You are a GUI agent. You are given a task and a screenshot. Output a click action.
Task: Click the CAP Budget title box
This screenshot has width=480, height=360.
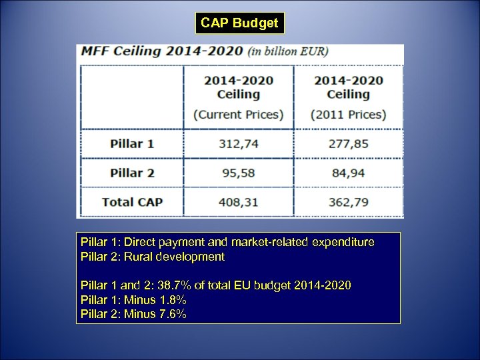coord(239,23)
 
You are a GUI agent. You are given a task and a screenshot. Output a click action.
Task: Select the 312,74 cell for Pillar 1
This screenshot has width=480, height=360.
coord(238,143)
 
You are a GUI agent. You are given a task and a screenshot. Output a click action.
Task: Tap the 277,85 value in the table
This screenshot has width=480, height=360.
coord(348,143)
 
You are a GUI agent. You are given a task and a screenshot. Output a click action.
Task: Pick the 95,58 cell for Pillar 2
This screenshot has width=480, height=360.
coord(238,173)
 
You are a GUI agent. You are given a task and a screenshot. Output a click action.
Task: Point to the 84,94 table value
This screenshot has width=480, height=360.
coord(348,173)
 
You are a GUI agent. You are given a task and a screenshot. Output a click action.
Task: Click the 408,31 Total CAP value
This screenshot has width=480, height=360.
coord(238,201)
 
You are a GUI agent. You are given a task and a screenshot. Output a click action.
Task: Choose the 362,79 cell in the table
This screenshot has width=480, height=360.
coord(348,201)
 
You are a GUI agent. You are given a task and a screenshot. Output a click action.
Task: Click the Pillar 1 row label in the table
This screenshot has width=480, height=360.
coord(132,143)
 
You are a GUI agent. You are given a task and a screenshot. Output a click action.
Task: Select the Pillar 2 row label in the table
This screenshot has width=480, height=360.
coord(132,173)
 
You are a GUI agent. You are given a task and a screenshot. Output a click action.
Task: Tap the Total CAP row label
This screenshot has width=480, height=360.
coord(132,201)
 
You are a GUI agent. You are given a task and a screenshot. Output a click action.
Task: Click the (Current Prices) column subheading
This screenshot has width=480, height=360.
coord(238,115)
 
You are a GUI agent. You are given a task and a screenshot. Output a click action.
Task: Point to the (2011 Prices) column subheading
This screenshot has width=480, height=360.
coord(348,115)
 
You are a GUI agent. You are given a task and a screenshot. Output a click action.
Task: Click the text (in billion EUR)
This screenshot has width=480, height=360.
coord(288,51)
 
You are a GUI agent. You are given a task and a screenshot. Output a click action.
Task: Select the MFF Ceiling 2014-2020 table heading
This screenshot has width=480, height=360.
coord(162,51)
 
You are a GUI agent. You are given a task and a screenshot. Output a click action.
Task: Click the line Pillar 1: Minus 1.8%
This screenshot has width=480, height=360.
coord(133,299)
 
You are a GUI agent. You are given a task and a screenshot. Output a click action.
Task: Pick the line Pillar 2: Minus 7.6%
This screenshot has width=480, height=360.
coord(133,313)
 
